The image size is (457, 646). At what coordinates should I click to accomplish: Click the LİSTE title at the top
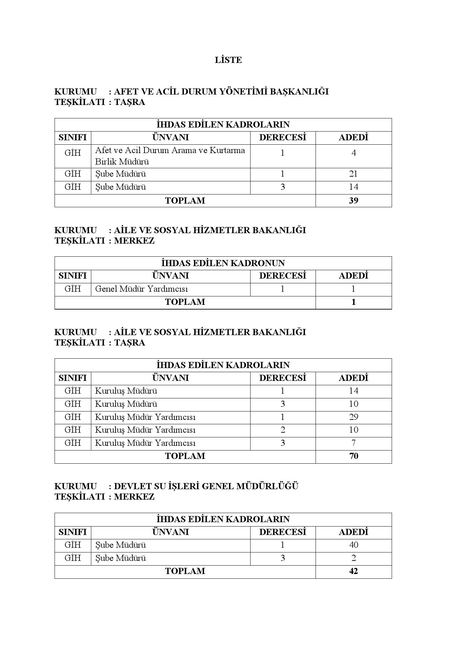(x=228, y=60)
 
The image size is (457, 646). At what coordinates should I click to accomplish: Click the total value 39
(x=354, y=201)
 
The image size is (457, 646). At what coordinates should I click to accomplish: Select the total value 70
(x=354, y=456)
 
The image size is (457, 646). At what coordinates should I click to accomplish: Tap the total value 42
(x=354, y=571)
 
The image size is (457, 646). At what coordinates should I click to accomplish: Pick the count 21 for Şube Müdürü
(x=354, y=174)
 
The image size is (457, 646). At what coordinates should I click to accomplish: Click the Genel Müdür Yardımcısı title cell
(x=141, y=289)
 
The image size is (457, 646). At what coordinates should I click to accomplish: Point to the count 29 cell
(x=354, y=417)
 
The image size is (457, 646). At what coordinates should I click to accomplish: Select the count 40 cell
(x=354, y=545)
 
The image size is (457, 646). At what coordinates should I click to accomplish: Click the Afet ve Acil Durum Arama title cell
(x=170, y=156)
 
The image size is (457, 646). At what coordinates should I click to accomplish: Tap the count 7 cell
(x=354, y=443)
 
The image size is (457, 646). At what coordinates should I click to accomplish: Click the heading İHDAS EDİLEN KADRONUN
(x=223, y=263)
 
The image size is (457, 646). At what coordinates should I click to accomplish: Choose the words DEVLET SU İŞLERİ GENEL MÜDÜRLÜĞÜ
(x=206, y=486)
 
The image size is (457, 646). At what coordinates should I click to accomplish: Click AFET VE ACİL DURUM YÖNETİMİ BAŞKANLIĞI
(x=221, y=92)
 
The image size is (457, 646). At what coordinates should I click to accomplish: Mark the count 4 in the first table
(x=354, y=153)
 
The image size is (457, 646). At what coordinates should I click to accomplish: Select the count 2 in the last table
(x=354, y=558)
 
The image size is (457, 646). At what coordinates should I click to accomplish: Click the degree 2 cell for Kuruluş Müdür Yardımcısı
(x=283, y=430)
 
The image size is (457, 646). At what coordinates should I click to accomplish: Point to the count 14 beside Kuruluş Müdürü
(x=354, y=391)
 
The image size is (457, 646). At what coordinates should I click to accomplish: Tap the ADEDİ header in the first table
(x=354, y=138)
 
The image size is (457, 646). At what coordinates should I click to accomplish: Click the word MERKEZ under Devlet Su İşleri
(x=134, y=497)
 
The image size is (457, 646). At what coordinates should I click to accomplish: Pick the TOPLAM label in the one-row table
(x=185, y=302)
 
